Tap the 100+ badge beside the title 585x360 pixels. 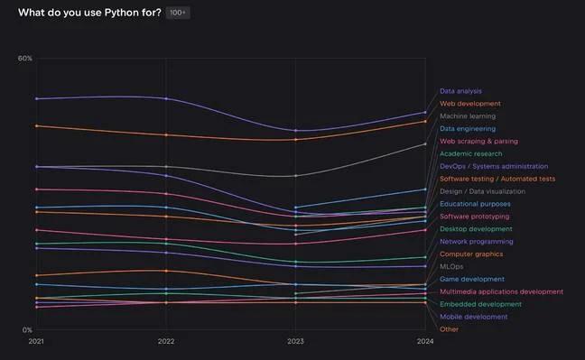[x=178, y=13]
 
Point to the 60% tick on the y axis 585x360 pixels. [x=25, y=59]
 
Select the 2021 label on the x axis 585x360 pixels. [x=36, y=342]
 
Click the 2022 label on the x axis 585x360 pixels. [x=166, y=342]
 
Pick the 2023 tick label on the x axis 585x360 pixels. [x=296, y=342]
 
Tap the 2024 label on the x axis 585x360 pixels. [x=425, y=342]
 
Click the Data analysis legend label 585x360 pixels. [x=460, y=91]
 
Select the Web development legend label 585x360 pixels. [x=469, y=104]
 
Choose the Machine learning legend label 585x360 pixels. [x=467, y=116]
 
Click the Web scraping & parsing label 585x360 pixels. [x=478, y=142]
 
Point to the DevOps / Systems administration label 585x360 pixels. [x=494, y=167]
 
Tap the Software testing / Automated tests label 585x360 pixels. [x=497, y=179]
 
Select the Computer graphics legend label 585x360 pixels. [x=472, y=254]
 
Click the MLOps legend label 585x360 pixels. [x=451, y=267]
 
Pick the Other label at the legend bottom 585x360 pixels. [x=449, y=329]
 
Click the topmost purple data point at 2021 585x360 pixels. [x=36, y=98]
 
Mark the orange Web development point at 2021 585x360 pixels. [x=36, y=125]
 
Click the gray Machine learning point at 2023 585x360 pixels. [x=296, y=176]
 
